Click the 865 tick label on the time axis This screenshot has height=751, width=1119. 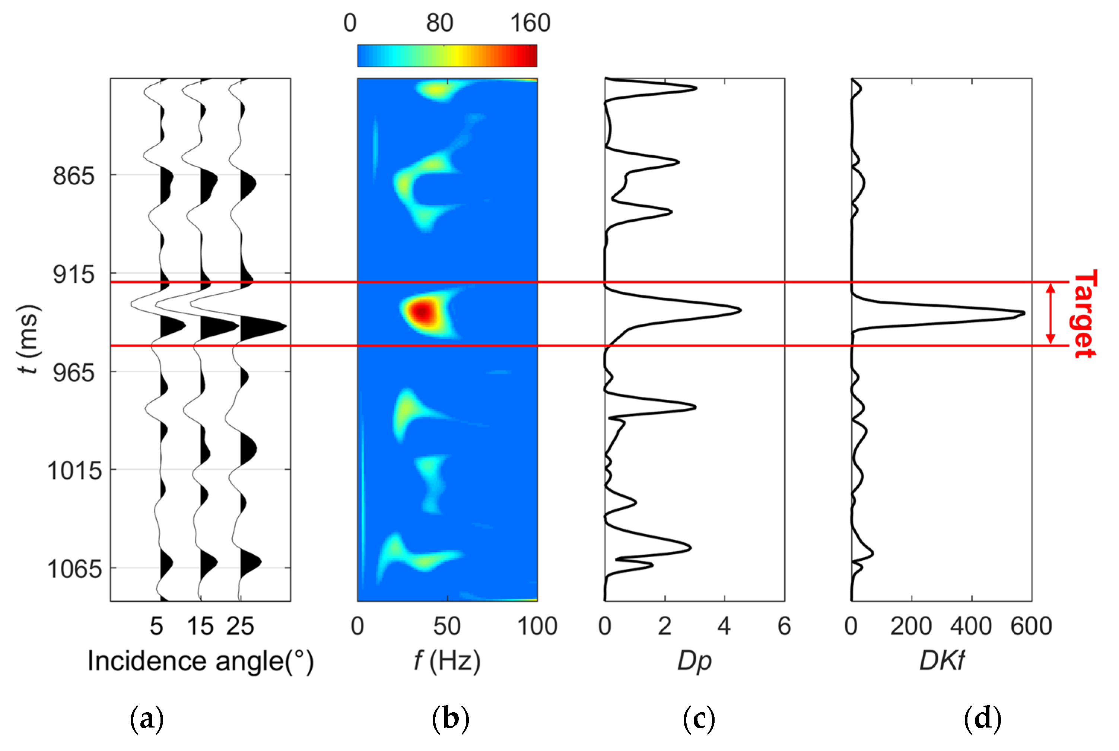74,176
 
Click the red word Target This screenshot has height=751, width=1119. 1084,314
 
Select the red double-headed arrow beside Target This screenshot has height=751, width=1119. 1050,314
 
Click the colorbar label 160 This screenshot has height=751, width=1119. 530,23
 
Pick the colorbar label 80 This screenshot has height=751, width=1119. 439,23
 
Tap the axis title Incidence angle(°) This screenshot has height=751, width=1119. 200,662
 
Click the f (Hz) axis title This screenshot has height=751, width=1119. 447,662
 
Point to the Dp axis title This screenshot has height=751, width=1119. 694,662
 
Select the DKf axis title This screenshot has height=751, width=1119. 942,662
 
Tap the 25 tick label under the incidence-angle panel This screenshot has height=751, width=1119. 240,627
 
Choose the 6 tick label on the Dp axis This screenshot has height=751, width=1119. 784,627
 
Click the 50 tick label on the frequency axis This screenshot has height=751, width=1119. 447,627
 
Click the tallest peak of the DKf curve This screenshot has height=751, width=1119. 1023,313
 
